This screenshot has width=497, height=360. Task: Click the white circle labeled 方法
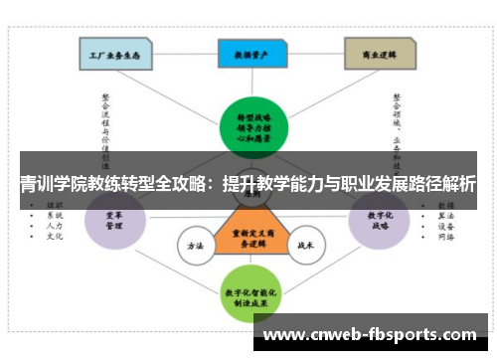tap(195, 244)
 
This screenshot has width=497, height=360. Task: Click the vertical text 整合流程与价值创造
tap(105, 124)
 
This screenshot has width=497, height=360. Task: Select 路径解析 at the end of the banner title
tap(442, 184)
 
